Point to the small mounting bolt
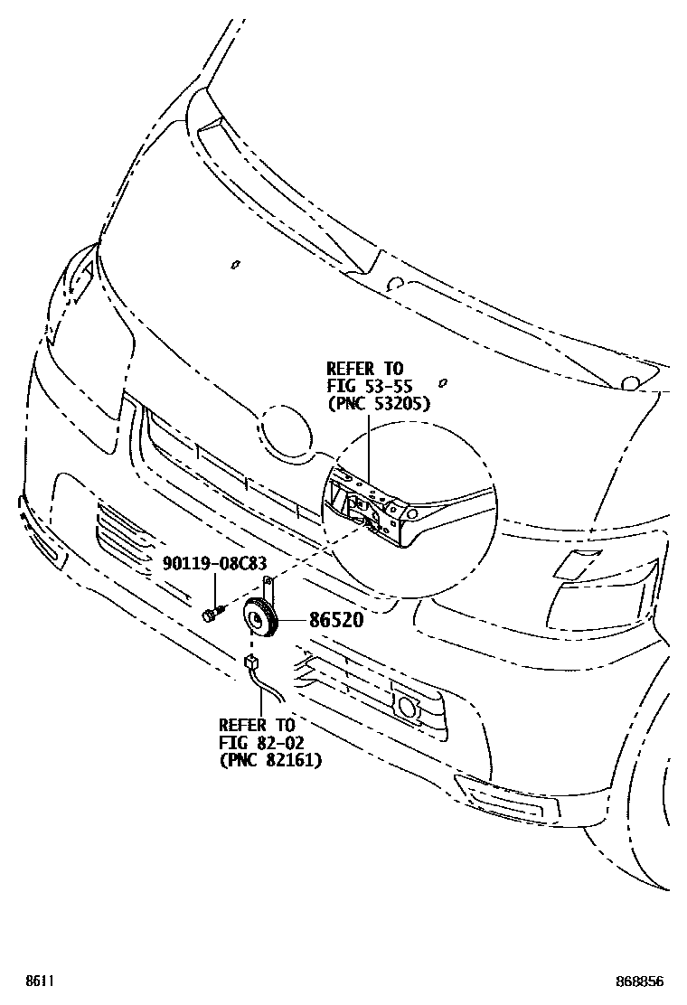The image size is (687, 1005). [210, 615]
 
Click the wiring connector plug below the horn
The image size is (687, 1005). [250, 665]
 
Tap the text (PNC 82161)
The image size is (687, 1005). [270, 760]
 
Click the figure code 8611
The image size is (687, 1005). [37, 981]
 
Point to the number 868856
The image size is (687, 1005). [645, 981]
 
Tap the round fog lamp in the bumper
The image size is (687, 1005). [408, 708]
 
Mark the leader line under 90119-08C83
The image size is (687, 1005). [214, 589]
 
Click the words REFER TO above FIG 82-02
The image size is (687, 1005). [256, 726]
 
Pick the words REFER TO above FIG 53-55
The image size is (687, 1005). [364, 369]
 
